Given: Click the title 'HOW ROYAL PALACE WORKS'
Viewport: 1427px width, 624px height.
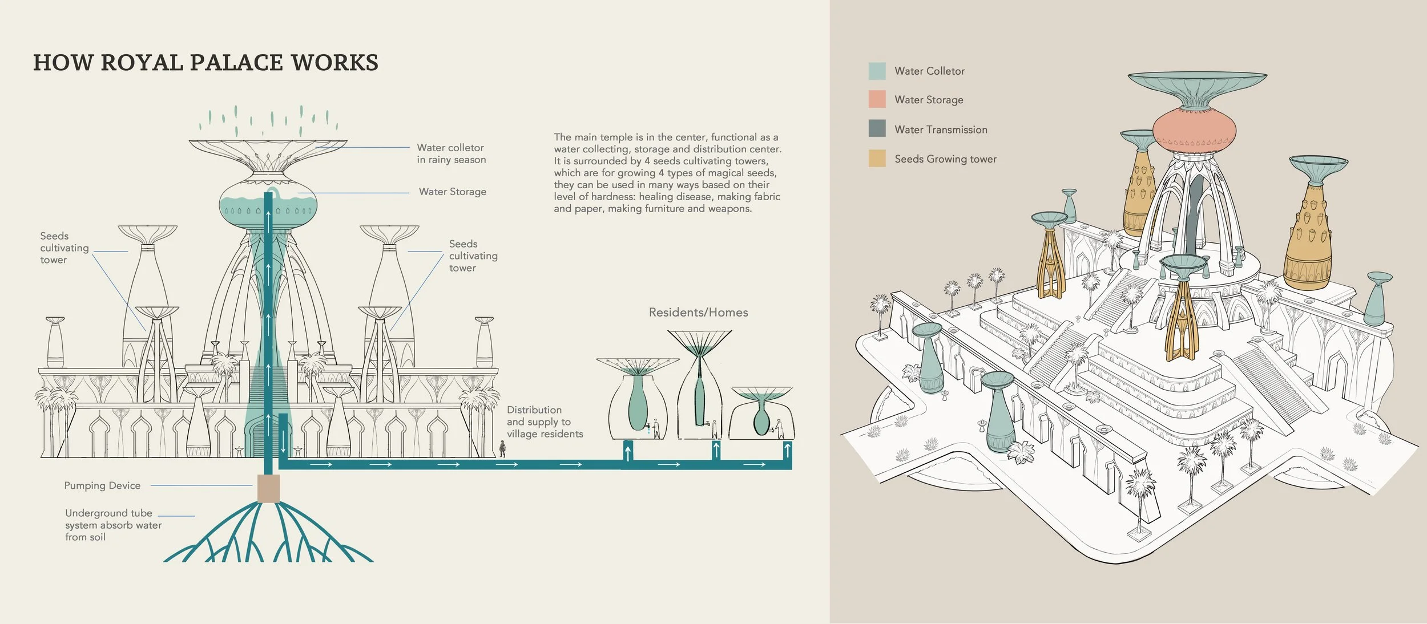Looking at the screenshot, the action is coord(205,63).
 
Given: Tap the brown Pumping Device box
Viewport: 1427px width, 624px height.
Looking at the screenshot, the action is coord(268,489).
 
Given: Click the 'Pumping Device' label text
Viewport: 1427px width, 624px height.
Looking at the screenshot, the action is coord(102,486).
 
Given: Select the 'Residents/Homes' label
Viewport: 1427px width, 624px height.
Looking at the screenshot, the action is coord(698,313).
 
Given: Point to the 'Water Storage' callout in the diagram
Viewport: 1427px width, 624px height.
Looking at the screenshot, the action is coord(453,192).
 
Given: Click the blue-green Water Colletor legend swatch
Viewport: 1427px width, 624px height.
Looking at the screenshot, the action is coord(877,71).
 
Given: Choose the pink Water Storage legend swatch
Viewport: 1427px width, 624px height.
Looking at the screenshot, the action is coord(877,99).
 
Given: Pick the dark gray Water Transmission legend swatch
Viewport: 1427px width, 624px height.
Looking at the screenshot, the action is coord(877,128).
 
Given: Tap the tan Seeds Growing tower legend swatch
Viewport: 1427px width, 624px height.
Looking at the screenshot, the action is coord(877,159).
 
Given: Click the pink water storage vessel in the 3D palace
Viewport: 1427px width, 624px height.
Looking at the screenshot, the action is coord(1194,131).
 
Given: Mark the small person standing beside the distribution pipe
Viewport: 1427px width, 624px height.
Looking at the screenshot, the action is coord(502,449).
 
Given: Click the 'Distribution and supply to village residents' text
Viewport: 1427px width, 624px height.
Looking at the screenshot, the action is coord(545,422).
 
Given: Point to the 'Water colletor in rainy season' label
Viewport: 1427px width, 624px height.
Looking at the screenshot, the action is coord(451,154).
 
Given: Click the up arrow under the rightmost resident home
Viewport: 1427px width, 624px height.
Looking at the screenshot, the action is coord(787,451).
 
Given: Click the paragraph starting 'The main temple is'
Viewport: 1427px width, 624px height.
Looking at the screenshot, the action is coord(667,173).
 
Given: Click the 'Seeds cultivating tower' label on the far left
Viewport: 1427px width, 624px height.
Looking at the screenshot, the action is coord(65,248).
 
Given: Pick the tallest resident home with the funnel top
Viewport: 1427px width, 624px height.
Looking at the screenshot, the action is coord(700,384).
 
